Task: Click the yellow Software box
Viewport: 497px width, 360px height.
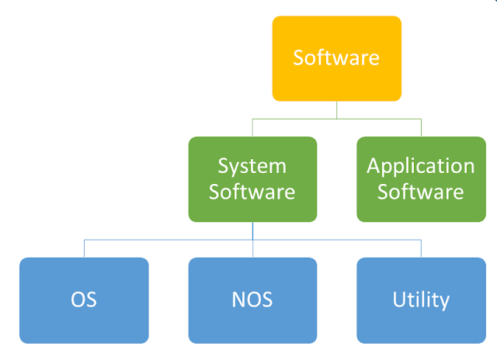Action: (x=336, y=58)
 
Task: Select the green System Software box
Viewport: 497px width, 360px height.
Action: (x=252, y=178)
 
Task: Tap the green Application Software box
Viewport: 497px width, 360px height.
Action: (x=421, y=178)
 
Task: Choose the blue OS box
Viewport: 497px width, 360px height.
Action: (x=84, y=299)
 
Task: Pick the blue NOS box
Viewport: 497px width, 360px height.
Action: (x=252, y=299)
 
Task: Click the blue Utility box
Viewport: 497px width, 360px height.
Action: (x=421, y=299)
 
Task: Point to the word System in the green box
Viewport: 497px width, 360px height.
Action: (x=252, y=166)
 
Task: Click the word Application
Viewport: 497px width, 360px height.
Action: (x=421, y=166)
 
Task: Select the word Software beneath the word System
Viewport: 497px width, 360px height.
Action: (x=252, y=191)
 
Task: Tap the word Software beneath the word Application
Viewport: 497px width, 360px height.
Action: (x=421, y=191)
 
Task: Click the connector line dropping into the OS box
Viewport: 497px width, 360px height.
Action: (x=84, y=248)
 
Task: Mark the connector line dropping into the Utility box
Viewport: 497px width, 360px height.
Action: (x=421, y=248)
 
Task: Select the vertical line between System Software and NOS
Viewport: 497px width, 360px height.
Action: (x=252, y=231)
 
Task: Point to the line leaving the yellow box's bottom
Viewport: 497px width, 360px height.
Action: (x=336, y=109)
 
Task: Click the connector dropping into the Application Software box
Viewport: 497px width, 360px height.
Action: (x=421, y=127)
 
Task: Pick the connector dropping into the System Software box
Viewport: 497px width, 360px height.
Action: (x=252, y=127)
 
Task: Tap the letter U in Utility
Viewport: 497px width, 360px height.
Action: (x=398, y=299)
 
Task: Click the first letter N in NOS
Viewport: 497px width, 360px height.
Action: (x=238, y=299)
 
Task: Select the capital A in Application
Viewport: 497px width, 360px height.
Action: (x=373, y=166)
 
